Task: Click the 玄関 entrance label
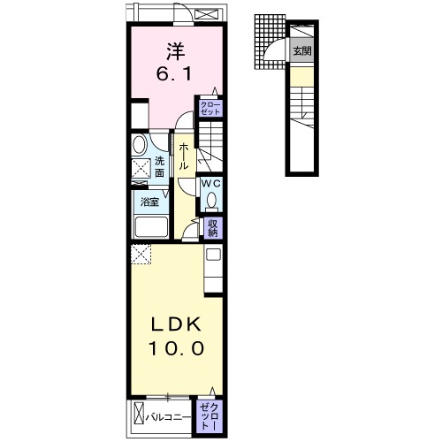click(302, 51)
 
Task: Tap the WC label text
click(211, 184)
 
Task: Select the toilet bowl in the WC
click(211, 201)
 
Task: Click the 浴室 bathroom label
click(150, 202)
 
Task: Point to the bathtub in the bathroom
click(151, 227)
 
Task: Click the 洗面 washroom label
click(159, 167)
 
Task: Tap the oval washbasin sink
click(140, 145)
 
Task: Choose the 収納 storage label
click(213, 228)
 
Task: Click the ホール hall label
click(183, 156)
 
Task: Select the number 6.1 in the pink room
click(174, 74)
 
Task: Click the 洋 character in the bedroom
click(176, 51)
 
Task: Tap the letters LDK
click(176, 324)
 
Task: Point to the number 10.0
click(176, 348)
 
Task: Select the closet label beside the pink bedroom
click(210, 109)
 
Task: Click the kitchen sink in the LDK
click(213, 255)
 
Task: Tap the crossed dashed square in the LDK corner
click(141, 255)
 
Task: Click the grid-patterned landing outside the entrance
click(270, 42)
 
